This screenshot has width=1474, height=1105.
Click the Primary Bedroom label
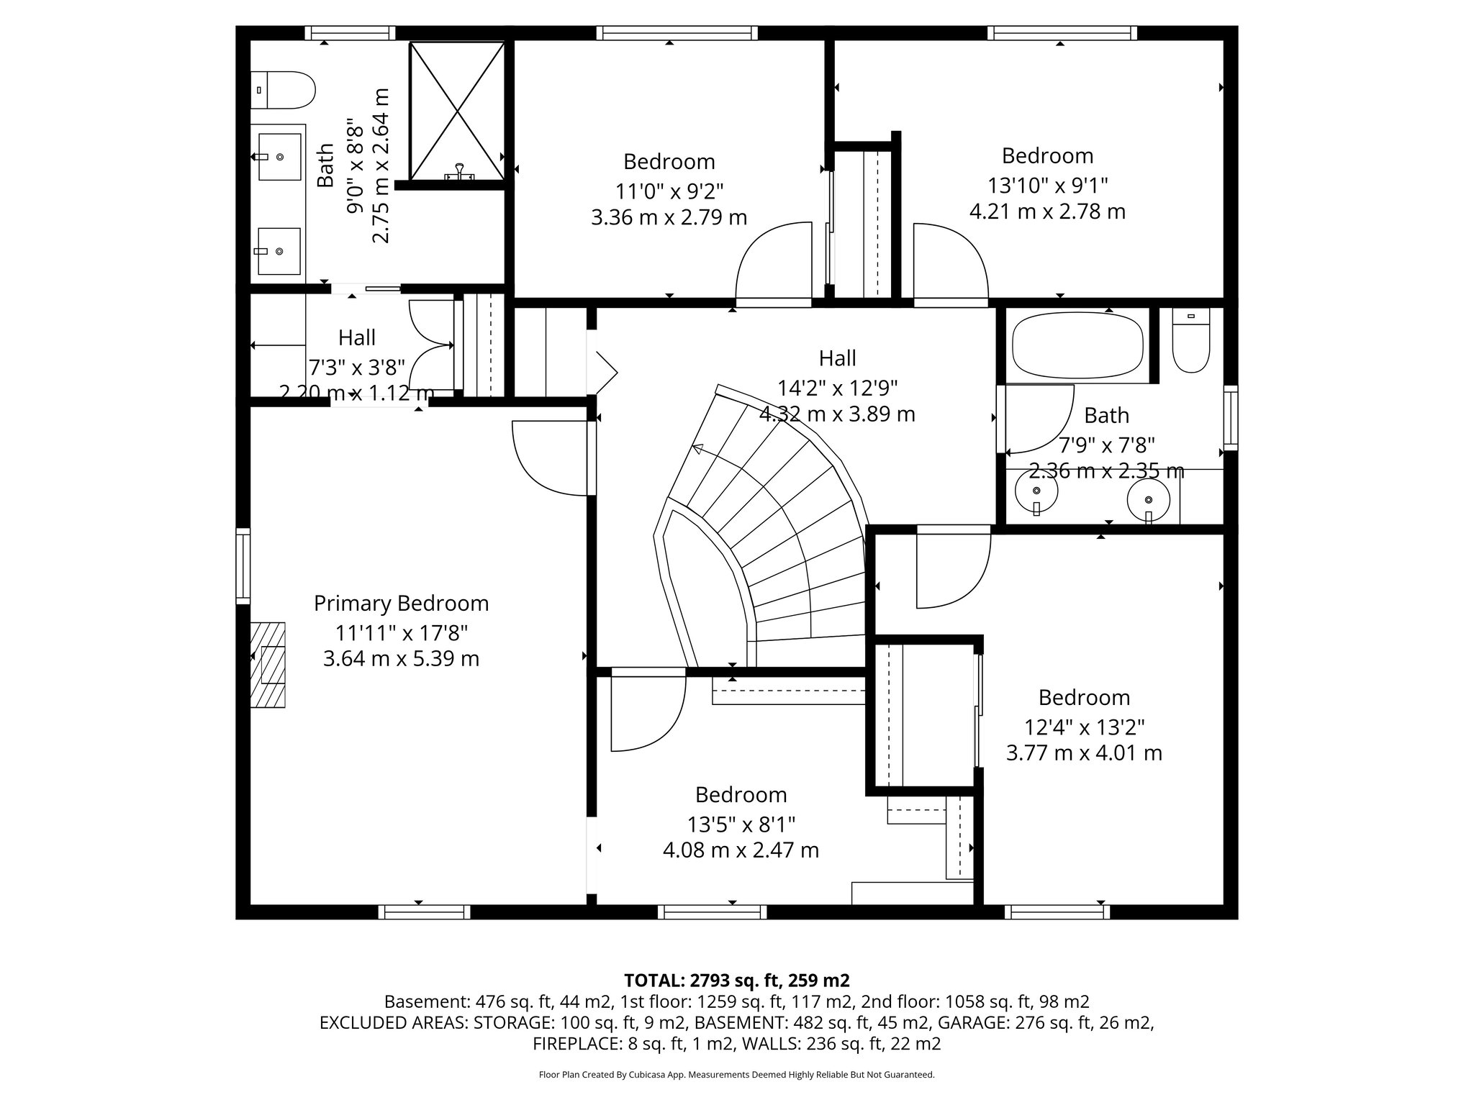pos(401,604)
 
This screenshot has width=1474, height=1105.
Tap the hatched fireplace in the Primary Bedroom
pos(268,665)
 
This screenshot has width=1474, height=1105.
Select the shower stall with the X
pos(457,111)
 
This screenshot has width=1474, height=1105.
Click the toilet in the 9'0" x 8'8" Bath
pos(284,90)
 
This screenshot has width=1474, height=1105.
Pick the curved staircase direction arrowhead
pos(696,450)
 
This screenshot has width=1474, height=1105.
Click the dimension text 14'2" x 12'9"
pos(837,388)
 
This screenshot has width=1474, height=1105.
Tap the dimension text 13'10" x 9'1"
pos(1047,186)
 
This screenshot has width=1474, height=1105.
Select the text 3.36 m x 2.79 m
pos(669,217)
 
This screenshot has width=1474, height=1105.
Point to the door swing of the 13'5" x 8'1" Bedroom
pos(646,712)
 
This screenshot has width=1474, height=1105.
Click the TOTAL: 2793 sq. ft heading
pos(736,980)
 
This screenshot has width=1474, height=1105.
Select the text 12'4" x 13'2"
pos(1084,727)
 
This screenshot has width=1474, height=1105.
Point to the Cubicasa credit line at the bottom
pos(736,1075)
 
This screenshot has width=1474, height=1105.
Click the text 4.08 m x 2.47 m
pos(741,850)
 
